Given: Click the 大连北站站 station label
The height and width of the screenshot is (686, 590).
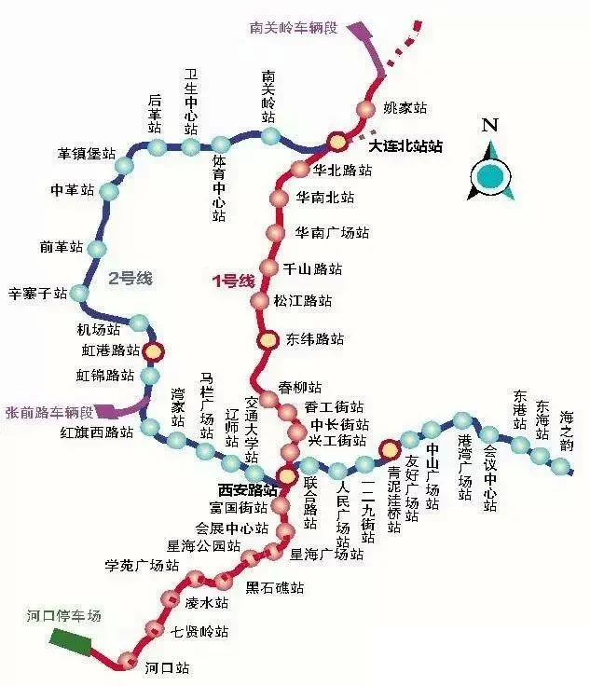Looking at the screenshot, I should [405, 147].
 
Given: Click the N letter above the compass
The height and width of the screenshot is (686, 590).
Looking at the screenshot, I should [491, 125].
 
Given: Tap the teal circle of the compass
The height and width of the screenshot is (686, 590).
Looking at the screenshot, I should [491, 172].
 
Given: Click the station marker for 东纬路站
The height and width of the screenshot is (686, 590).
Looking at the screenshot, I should [268, 339].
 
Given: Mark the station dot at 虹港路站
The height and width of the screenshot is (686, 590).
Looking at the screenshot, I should [153, 351].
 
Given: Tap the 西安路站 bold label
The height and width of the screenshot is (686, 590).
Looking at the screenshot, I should [247, 489].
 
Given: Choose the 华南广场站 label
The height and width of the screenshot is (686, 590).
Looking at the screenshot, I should [332, 233].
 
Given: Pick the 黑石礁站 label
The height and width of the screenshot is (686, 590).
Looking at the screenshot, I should [275, 588].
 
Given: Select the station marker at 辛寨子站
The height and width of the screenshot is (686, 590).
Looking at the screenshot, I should [79, 294].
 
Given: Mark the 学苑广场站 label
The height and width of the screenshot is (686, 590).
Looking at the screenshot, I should [141, 566].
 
